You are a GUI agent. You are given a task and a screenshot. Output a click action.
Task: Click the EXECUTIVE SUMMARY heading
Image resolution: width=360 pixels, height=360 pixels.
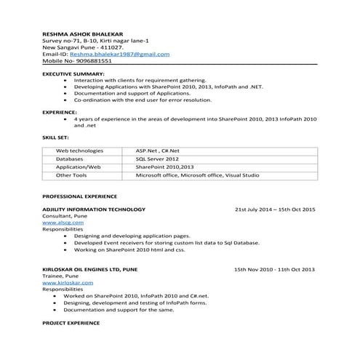click(73, 74)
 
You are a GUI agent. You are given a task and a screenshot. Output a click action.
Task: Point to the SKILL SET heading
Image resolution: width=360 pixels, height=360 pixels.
click(56, 136)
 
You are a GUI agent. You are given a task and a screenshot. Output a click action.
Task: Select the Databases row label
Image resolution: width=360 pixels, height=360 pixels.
click(70, 158)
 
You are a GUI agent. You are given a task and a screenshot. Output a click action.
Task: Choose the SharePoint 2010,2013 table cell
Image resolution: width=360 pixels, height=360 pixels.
click(164, 167)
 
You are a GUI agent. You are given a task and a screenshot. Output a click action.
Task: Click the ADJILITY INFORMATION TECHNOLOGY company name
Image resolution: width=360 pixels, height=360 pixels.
click(93, 209)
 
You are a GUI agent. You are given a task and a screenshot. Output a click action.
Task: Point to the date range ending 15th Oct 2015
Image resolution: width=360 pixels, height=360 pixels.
click(274, 209)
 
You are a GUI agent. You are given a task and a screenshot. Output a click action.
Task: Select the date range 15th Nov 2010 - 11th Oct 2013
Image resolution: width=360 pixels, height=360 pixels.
click(274, 270)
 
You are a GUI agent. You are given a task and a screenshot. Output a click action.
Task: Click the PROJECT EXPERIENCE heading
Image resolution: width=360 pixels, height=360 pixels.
click(71, 321)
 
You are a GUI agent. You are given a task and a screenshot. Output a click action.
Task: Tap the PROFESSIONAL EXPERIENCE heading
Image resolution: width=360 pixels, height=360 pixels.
click(79, 196)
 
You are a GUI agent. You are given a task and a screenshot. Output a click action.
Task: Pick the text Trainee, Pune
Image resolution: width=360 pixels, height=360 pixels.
click(61, 277)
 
